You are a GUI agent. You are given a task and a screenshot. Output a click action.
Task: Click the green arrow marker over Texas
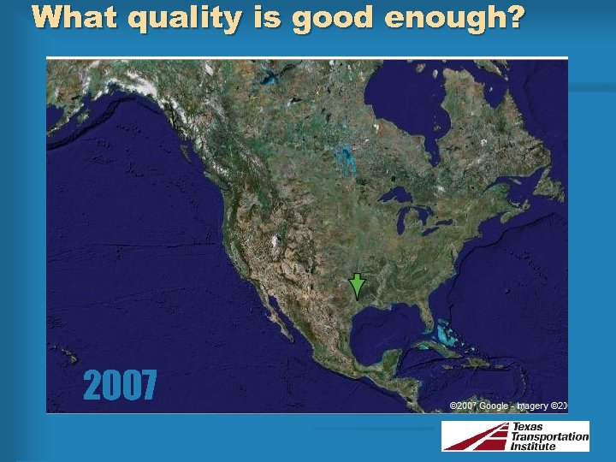pyautogui.click(x=357, y=286)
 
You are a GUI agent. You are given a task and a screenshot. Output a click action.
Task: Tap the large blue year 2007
pyautogui.click(x=120, y=386)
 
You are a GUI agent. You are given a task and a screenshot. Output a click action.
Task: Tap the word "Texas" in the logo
pyautogui.click(x=528, y=427)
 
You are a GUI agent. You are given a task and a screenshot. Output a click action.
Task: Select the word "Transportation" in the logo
pyautogui.click(x=550, y=436)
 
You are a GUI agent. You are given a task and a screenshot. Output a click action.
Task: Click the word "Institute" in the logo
pyautogui.click(x=539, y=446)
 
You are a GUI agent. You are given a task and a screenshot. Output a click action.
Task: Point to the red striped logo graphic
pyautogui.click(x=475, y=436)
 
